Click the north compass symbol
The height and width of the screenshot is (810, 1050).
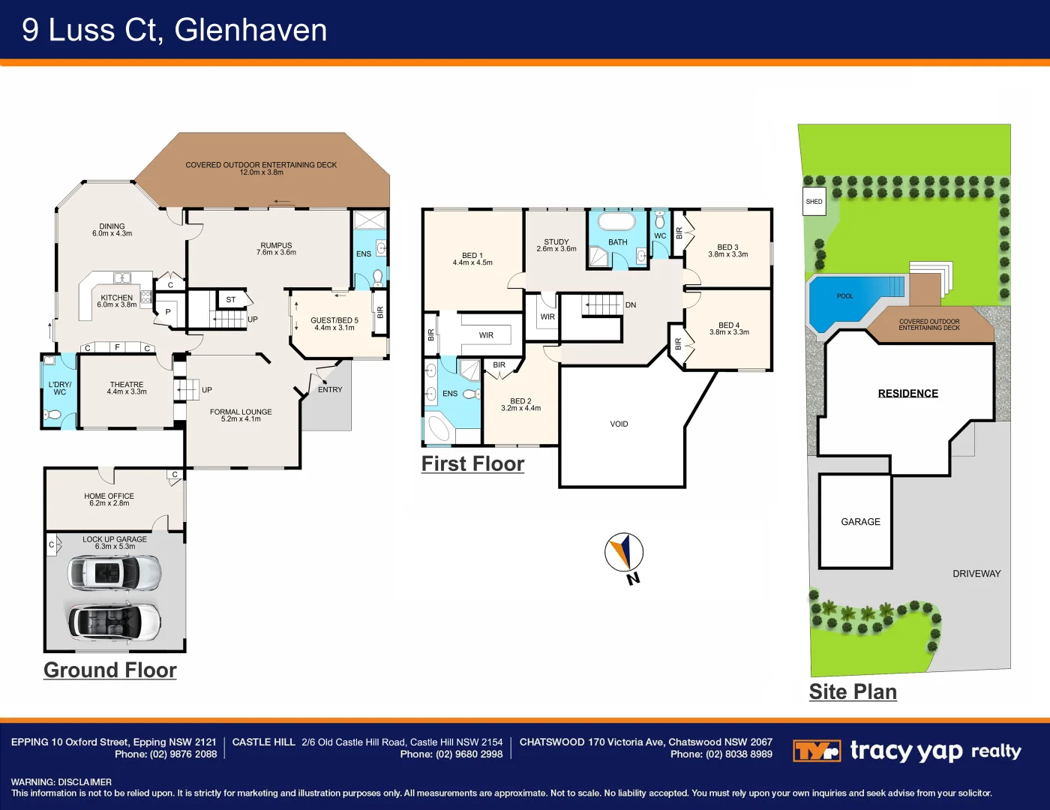pos(624,553)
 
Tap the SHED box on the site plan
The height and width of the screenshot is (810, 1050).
pos(814,202)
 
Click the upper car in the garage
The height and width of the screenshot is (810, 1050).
pos(114,574)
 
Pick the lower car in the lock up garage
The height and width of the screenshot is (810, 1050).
pos(114,621)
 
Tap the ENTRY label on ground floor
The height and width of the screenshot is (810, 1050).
pos(329,390)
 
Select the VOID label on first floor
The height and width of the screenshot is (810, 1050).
pos(619,424)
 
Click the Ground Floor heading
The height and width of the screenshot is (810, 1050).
pos(110,670)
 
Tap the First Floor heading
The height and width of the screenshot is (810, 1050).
pos(472,464)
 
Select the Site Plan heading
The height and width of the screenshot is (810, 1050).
pos(853,691)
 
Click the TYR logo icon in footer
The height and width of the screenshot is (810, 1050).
pos(816,751)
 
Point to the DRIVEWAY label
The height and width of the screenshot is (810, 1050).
pos(976,574)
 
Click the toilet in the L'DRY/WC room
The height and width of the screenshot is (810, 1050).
pos(53,415)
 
